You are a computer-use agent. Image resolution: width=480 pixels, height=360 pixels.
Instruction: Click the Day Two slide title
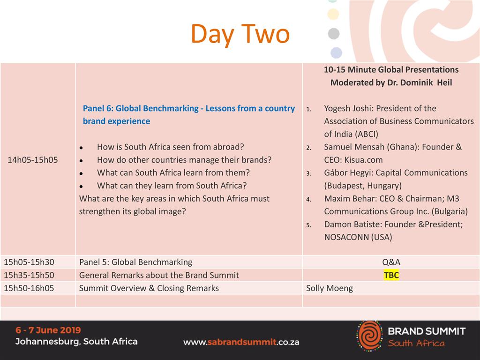240,34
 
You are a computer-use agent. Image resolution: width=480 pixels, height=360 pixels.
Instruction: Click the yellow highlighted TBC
391,275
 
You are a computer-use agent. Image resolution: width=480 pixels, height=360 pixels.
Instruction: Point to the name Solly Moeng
330,288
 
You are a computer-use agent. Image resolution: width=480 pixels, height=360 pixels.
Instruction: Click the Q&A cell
391,262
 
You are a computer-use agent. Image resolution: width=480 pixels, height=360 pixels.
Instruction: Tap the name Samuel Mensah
354,147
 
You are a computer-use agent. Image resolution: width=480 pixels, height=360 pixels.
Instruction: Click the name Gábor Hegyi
347,173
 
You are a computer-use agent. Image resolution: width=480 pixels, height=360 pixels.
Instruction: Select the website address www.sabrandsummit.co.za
241,342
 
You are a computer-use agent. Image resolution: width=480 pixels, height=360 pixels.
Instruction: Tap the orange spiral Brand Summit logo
369,336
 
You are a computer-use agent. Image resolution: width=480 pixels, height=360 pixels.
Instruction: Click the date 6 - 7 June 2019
48,330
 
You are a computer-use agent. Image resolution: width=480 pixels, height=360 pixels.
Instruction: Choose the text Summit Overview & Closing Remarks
149,288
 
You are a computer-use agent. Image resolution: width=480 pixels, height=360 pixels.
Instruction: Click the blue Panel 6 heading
188,115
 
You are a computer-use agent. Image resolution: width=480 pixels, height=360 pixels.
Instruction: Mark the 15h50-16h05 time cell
29,288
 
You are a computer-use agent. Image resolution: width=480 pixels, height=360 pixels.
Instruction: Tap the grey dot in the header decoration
334,33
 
